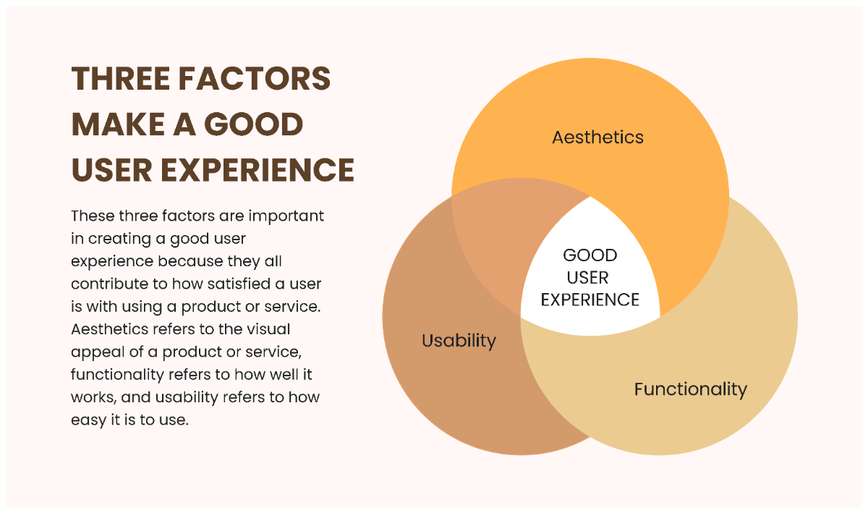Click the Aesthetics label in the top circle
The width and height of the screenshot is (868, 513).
pyautogui.click(x=597, y=137)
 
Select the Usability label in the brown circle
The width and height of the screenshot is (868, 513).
pyautogui.click(x=459, y=340)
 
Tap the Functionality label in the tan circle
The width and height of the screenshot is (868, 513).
pyautogui.click(x=690, y=389)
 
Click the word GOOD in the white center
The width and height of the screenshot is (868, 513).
pyautogui.click(x=590, y=255)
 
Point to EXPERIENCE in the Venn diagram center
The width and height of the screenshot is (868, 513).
pyautogui.click(x=590, y=300)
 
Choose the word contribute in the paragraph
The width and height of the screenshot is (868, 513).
pyautogui.click(x=106, y=284)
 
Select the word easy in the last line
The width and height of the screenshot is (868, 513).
pyautogui.click(x=87, y=420)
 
